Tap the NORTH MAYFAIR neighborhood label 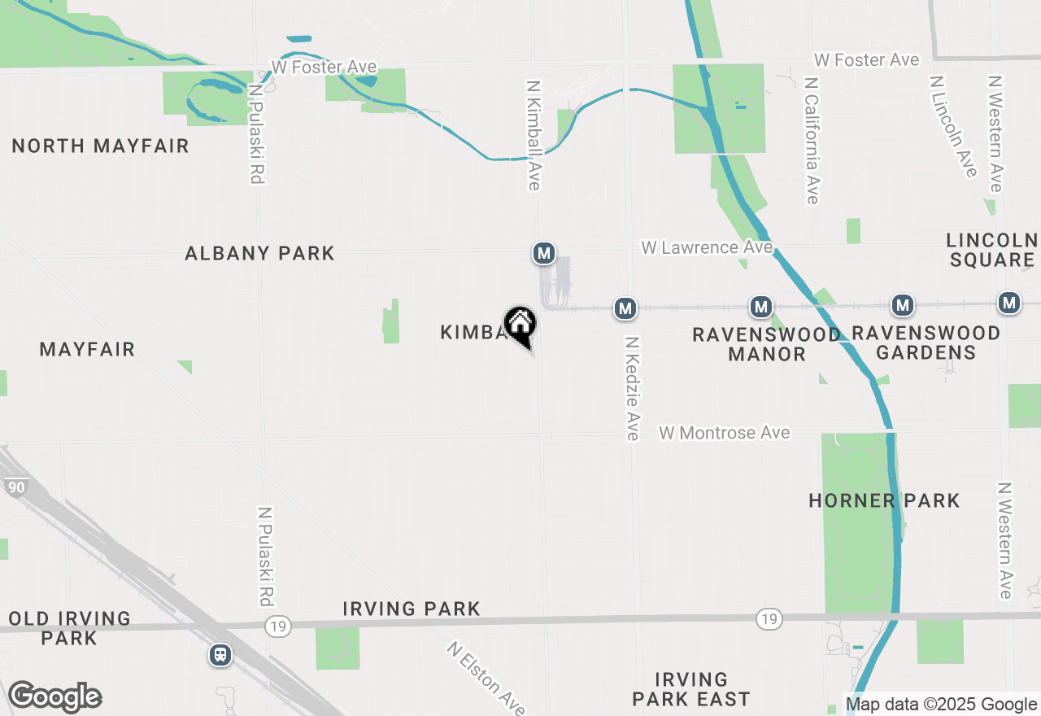click(101, 146)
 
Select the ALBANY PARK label click(259, 254)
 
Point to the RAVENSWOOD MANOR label click(767, 344)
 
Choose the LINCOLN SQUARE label click(991, 250)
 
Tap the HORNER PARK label click(884, 500)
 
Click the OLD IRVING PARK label click(70, 628)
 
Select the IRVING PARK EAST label click(690, 689)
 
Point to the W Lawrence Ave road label click(706, 247)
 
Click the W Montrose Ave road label click(724, 433)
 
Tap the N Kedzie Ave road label click(632, 388)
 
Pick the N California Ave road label click(811, 141)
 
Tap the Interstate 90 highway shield click(16, 487)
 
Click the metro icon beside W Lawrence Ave click(544, 253)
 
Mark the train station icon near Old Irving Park click(220, 655)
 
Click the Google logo click(54, 697)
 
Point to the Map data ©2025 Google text click(941, 705)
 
